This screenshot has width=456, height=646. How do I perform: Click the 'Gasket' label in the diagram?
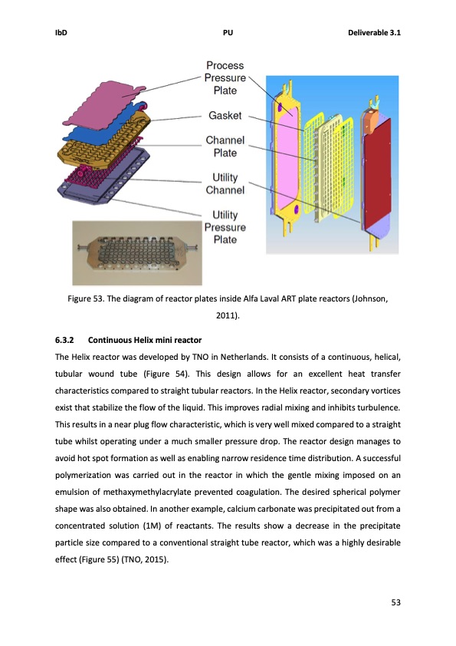pyautogui.click(x=225, y=116)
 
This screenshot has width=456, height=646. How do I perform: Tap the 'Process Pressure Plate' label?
pyautogui.click(x=225, y=77)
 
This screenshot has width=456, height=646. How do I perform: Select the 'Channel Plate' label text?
pyautogui.click(x=225, y=147)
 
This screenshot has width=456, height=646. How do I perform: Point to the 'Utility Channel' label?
pyautogui.click(x=225, y=183)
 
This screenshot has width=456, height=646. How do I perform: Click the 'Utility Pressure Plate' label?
pyautogui.click(x=225, y=227)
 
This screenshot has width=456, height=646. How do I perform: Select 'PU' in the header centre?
pyautogui.click(x=228, y=32)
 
